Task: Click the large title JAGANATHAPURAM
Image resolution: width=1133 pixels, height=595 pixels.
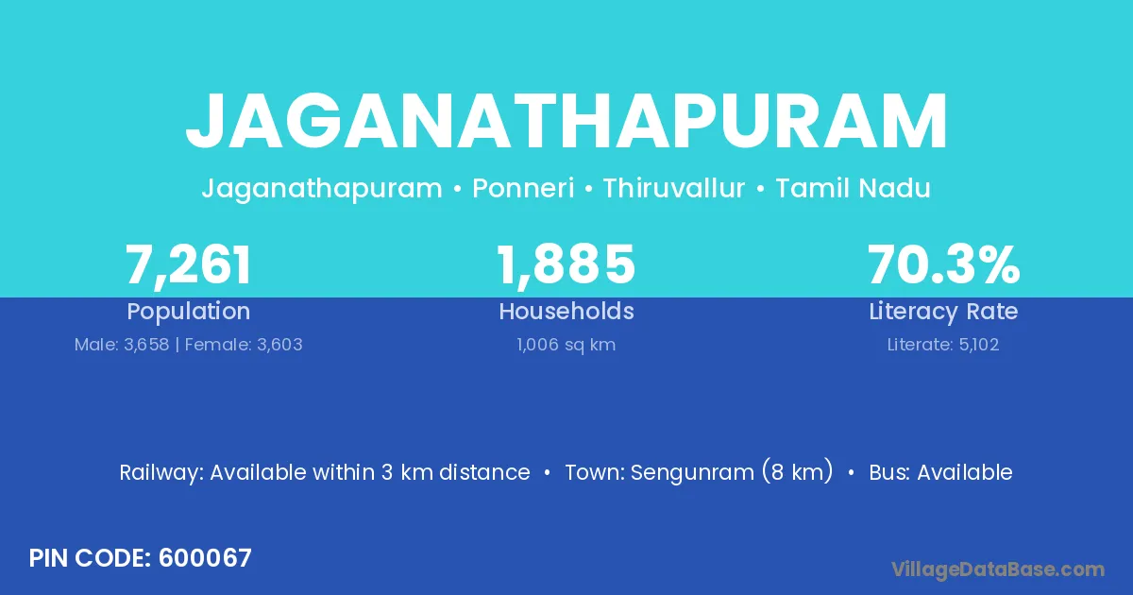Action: (566, 121)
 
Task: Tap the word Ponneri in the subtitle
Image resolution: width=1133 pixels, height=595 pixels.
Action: (523, 188)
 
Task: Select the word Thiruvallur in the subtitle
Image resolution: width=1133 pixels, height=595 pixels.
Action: (674, 188)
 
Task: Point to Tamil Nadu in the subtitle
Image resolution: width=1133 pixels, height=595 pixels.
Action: (853, 188)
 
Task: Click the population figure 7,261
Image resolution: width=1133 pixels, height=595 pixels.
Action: (188, 265)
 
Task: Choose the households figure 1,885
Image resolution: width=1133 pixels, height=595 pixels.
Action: (566, 264)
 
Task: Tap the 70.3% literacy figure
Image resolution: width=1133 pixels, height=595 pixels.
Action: (943, 264)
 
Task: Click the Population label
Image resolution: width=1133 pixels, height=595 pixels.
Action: (188, 312)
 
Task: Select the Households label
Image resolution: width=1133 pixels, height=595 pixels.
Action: (566, 311)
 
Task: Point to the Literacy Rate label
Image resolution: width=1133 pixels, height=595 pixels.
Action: (943, 312)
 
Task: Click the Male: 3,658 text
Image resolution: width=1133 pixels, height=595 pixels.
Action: (122, 345)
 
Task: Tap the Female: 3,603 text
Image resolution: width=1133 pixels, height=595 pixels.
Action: (244, 345)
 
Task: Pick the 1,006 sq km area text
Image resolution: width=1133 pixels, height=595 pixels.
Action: (566, 345)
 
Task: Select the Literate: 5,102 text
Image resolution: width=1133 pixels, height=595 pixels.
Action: (943, 345)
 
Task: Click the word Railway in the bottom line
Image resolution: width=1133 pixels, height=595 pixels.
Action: (161, 473)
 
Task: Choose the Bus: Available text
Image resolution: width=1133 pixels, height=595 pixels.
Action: (940, 472)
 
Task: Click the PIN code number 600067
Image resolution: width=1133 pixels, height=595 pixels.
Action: (205, 558)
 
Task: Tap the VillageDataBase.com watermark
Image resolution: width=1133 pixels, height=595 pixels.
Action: (998, 570)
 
